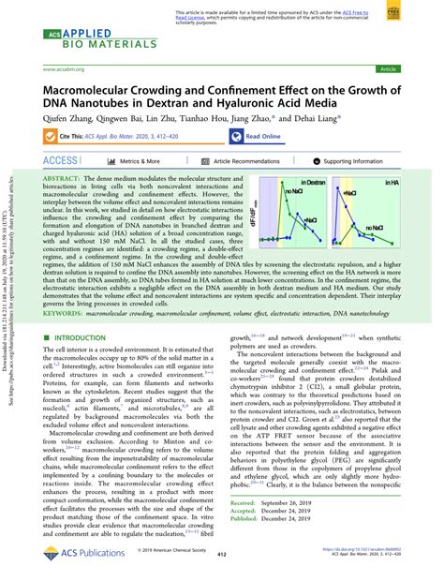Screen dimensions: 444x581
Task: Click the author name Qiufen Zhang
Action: [x=67, y=120]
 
